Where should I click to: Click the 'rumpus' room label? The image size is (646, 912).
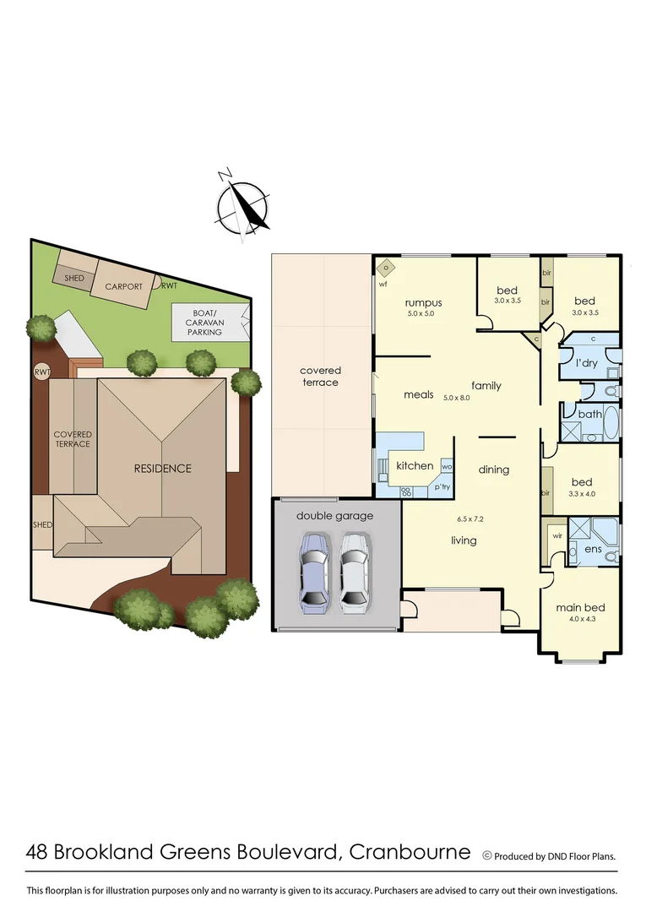pos(423,303)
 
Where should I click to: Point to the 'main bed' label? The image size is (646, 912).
pos(580,607)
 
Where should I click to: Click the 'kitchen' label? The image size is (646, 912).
pos(415,465)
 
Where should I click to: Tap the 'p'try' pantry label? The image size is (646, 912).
pos(442,487)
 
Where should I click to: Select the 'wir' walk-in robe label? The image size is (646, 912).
pos(557,535)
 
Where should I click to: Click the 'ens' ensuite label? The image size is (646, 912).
pos(593,549)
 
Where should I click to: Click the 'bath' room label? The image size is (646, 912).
pos(589,414)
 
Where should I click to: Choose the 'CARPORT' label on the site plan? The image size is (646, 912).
pos(123,286)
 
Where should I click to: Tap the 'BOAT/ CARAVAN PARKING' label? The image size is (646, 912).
pos(204,321)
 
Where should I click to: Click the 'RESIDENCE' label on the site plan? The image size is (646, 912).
pos(163,468)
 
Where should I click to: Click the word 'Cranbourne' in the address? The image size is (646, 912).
pos(409,851)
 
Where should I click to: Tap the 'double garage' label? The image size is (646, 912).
pos(334,515)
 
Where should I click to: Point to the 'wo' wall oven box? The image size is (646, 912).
pos(447,466)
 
